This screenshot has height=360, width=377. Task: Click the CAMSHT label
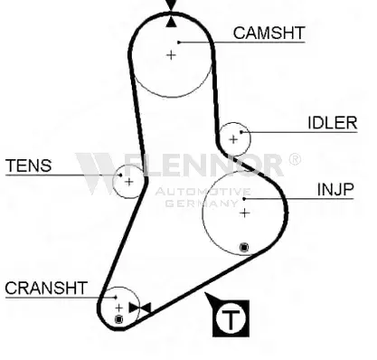coord(269,33)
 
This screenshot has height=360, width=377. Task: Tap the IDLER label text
coord(333,123)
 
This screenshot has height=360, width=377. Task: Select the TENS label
coord(29,166)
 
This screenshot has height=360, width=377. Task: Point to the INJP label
coord(335,190)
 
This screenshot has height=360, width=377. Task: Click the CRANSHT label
coord(46,288)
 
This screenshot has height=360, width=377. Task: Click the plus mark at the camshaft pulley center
coord(171,55)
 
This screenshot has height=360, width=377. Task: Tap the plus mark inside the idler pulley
coord(233,139)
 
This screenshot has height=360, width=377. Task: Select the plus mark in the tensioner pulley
coord(129,182)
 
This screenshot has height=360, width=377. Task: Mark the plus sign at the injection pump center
coord(245,213)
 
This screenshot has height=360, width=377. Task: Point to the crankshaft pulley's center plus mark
coord(119,308)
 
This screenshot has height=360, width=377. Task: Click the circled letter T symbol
coord(231,318)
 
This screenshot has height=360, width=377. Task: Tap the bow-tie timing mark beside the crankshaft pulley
coord(140,308)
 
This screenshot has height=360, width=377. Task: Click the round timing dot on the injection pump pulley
coord(244,248)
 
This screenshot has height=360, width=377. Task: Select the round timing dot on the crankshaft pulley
coord(119,319)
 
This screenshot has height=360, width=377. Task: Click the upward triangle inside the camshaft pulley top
coord(171,22)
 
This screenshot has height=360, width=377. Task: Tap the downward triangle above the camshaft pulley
coord(171,5)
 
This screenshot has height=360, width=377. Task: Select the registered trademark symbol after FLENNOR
coord(295,159)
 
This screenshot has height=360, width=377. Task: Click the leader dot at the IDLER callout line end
coord(241,132)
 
